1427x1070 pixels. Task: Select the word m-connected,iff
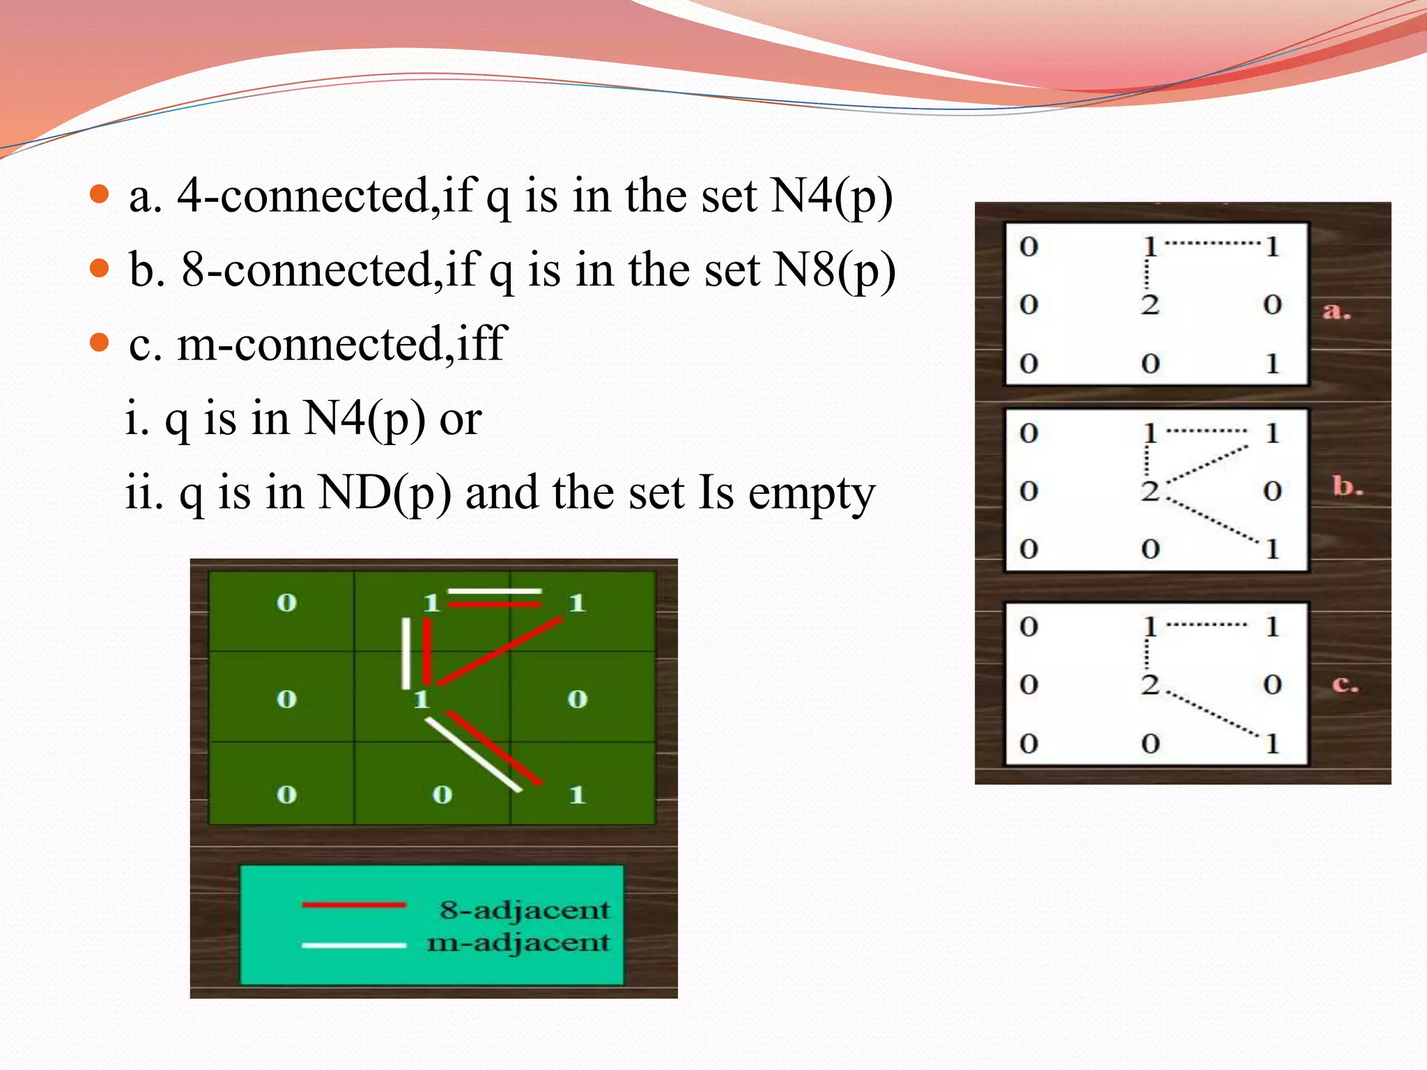[341, 344]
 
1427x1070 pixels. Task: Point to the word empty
[811, 494]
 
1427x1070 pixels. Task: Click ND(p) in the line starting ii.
[384, 494]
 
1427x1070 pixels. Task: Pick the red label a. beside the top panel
[1336, 311]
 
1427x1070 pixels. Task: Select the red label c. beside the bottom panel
[1345, 684]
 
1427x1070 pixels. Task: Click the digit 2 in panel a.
[1150, 304]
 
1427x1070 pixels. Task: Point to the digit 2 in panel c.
[1150, 684]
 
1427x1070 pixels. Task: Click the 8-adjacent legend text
[524, 910]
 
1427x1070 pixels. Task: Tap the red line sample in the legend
[354, 905]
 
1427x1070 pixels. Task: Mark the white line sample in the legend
[354, 945]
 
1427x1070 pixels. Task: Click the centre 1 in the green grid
[422, 699]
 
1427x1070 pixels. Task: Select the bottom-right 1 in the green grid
[577, 794]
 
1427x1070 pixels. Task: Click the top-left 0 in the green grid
[286, 603]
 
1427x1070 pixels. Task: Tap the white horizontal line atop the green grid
[495, 591]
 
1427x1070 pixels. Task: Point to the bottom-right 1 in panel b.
[1272, 549]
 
